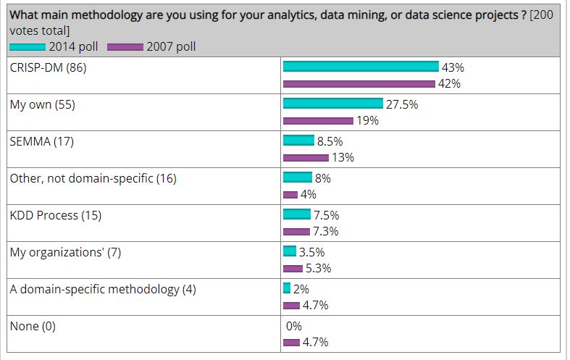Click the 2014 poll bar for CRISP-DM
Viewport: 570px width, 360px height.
point(361,67)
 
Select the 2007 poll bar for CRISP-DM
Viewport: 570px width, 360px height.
point(359,83)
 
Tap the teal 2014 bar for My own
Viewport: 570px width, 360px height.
point(332,104)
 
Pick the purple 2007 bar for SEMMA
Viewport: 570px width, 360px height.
point(306,157)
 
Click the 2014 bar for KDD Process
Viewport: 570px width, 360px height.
point(297,214)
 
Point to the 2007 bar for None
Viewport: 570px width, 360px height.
point(291,343)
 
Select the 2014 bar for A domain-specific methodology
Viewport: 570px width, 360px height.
point(287,288)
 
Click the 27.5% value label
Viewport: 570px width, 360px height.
point(402,104)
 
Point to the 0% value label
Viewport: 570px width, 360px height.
point(293,326)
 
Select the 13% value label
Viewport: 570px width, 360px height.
point(343,157)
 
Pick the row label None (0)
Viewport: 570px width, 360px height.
point(33,326)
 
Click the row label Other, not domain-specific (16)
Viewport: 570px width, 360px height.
point(93,178)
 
